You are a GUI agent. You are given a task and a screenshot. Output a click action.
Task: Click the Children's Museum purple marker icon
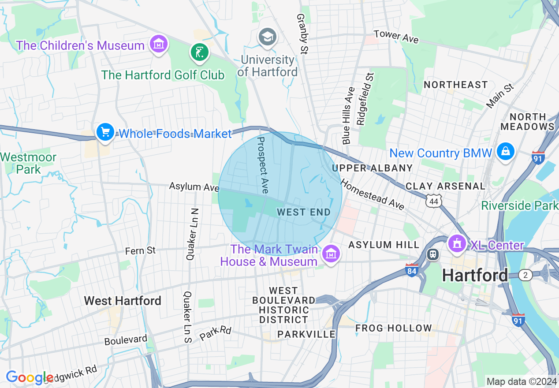(159, 45)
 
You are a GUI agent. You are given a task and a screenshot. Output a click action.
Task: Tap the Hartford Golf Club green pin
(200, 52)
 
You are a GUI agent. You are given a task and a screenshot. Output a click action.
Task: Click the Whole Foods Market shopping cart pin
(105, 132)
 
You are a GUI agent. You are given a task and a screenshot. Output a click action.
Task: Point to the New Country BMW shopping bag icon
(505, 152)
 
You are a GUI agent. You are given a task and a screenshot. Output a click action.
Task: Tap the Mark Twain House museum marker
(330, 254)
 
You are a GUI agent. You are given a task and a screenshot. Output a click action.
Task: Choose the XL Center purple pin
(457, 243)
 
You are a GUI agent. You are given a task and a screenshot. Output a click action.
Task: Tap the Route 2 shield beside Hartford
(525, 275)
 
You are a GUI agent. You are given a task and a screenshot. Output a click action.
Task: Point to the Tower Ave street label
(396, 36)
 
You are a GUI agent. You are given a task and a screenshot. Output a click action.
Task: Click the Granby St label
(302, 34)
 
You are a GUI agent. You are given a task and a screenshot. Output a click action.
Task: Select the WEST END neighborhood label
(304, 212)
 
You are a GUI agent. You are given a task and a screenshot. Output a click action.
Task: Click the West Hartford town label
(123, 301)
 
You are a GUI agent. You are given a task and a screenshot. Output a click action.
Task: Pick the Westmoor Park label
(29, 163)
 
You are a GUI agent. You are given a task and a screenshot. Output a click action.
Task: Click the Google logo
(29, 377)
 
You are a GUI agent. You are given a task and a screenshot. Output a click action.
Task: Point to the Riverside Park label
(520, 205)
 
